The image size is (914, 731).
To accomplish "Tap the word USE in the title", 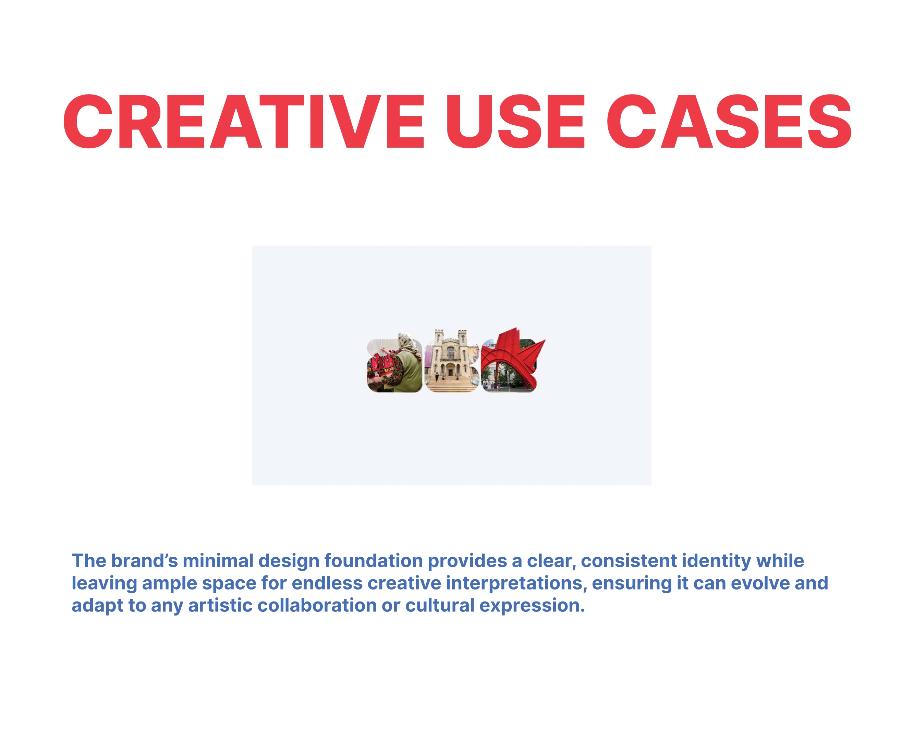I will pos(515,122).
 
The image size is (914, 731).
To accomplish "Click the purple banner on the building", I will pos(429,358).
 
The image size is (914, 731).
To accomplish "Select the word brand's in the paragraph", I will pos(144,561).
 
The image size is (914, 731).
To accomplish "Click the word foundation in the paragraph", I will pos(373,561).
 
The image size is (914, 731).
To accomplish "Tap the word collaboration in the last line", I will pos(317,605).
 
